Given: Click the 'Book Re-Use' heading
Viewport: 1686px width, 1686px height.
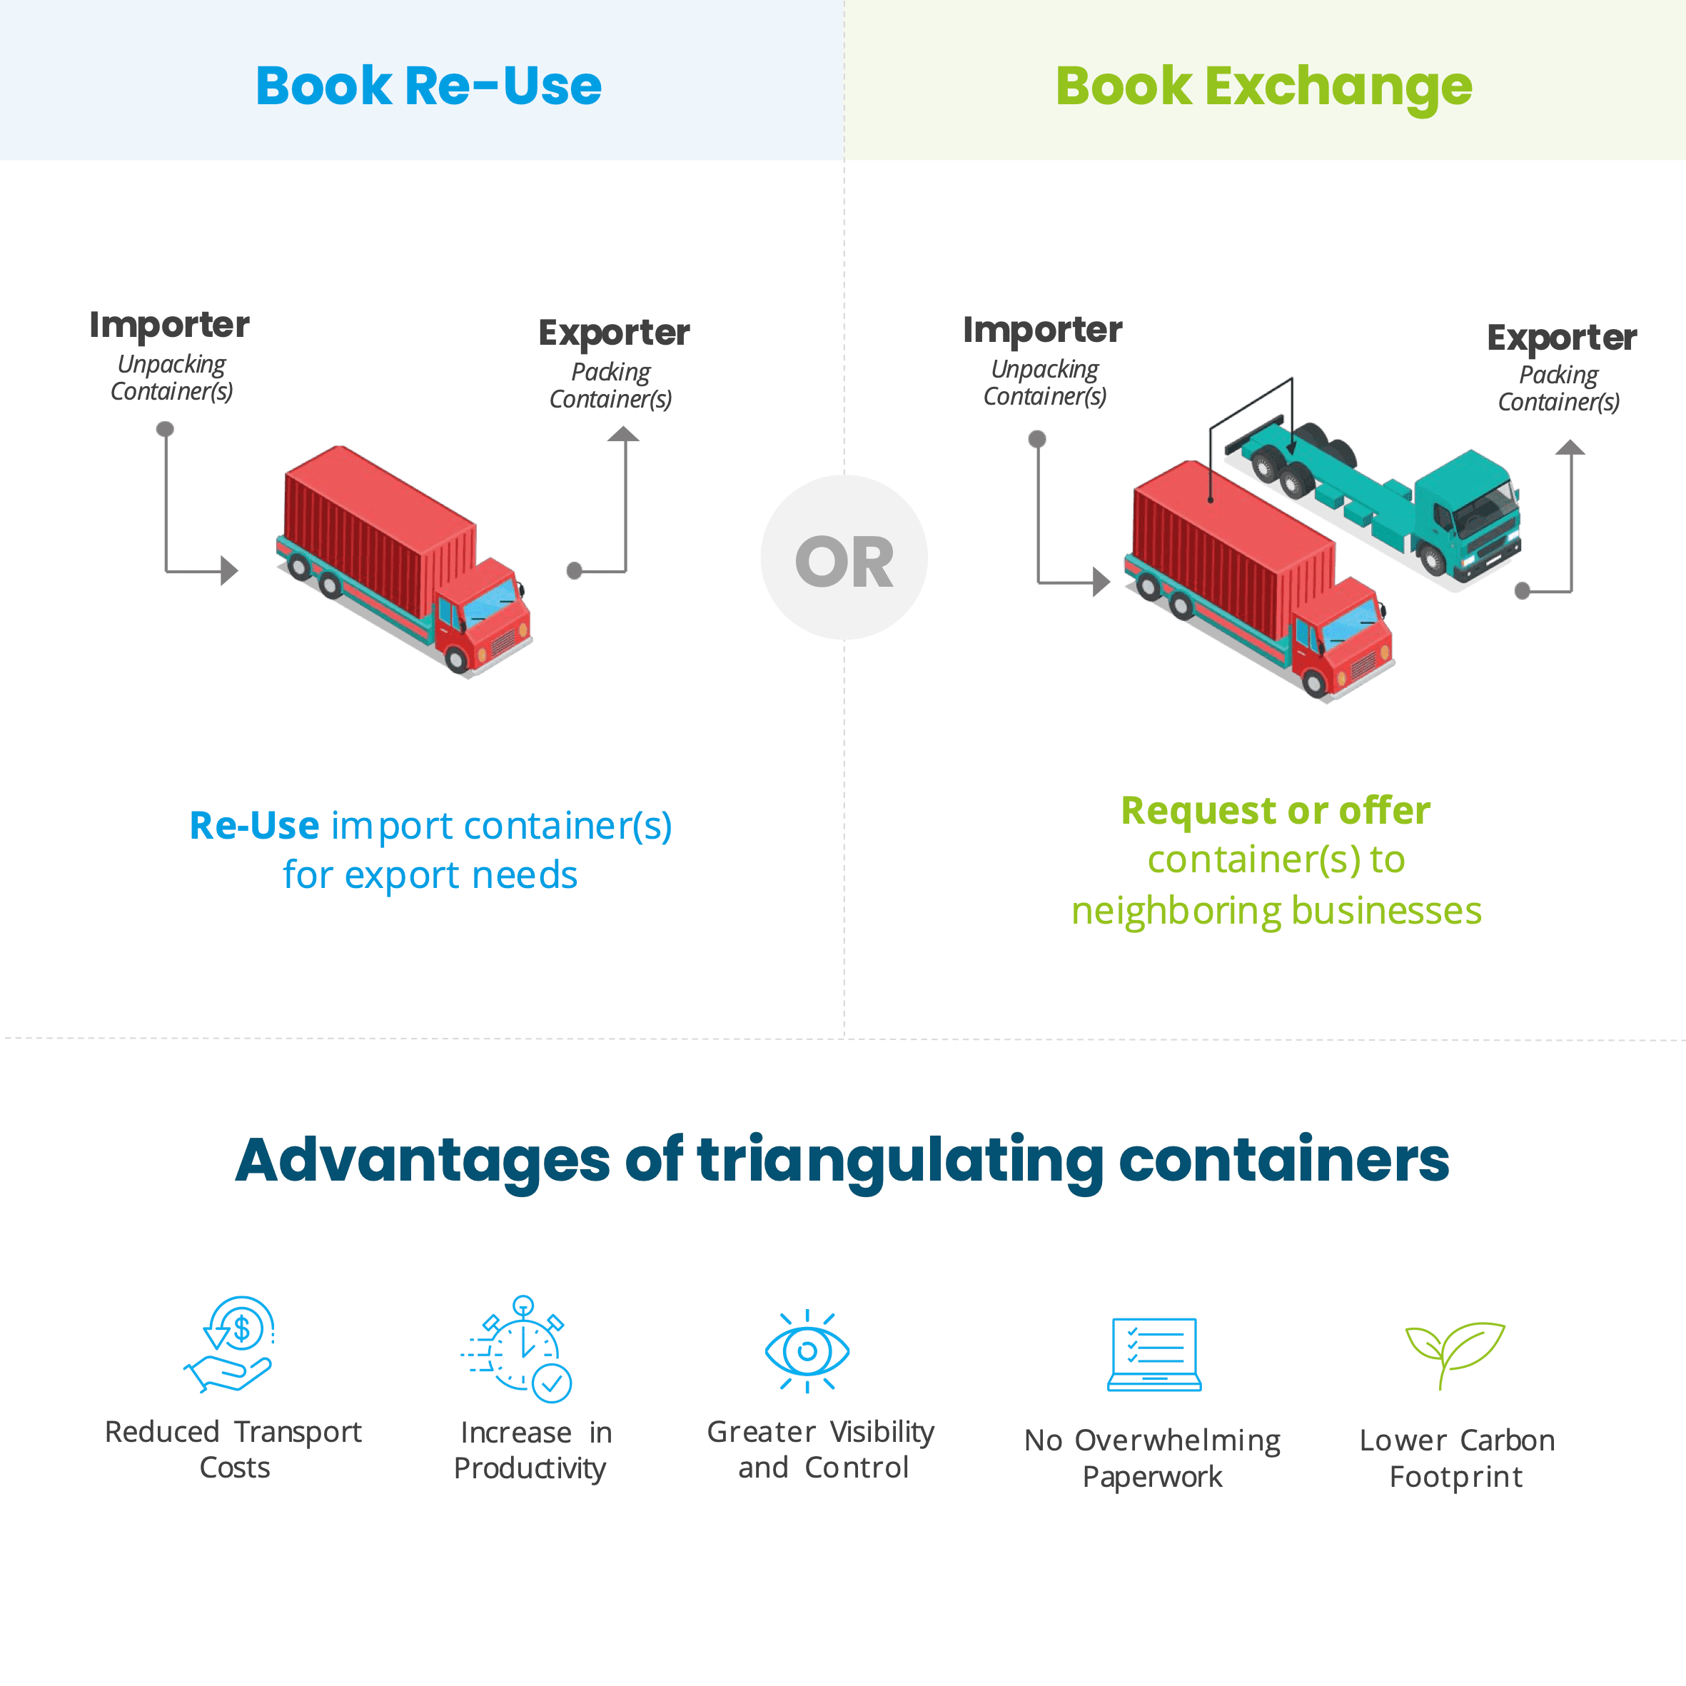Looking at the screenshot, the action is pyautogui.click(x=428, y=86).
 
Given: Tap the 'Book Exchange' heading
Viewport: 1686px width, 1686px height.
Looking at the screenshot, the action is pyautogui.click(x=1263, y=87).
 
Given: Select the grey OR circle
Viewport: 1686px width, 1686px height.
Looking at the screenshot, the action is pyautogui.click(x=844, y=557).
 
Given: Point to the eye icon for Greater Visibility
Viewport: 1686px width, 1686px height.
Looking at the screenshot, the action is pyautogui.click(x=807, y=1351).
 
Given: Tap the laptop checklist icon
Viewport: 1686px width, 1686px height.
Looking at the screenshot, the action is pyautogui.click(x=1154, y=1353).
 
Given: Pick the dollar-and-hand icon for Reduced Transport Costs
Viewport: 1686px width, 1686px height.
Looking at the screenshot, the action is pyautogui.click(x=230, y=1345).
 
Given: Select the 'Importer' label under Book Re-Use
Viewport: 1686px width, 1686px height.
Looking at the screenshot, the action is pyautogui.click(x=169, y=325).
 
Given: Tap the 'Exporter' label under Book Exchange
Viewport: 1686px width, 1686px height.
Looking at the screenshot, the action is pyautogui.click(x=1562, y=338).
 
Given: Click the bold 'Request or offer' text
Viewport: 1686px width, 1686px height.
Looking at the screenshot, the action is pyautogui.click(x=1276, y=811).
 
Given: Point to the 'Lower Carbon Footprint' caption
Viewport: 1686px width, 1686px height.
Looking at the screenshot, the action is pyautogui.click(x=1456, y=1458).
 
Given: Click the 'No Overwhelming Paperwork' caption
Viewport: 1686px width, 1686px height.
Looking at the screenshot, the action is pyautogui.click(x=1152, y=1458).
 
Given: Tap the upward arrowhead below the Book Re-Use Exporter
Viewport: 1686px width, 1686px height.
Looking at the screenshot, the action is pyautogui.click(x=623, y=434).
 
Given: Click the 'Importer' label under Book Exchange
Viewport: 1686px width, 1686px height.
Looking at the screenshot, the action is pyautogui.click(x=1043, y=330).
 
